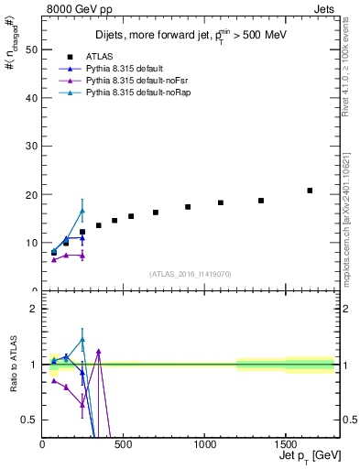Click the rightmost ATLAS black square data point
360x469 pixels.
(x=310, y=191)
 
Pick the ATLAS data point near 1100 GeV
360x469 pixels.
(x=221, y=202)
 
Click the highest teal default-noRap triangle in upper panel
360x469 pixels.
(x=82, y=211)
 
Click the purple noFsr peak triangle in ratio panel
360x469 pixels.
(x=98, y=351)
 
